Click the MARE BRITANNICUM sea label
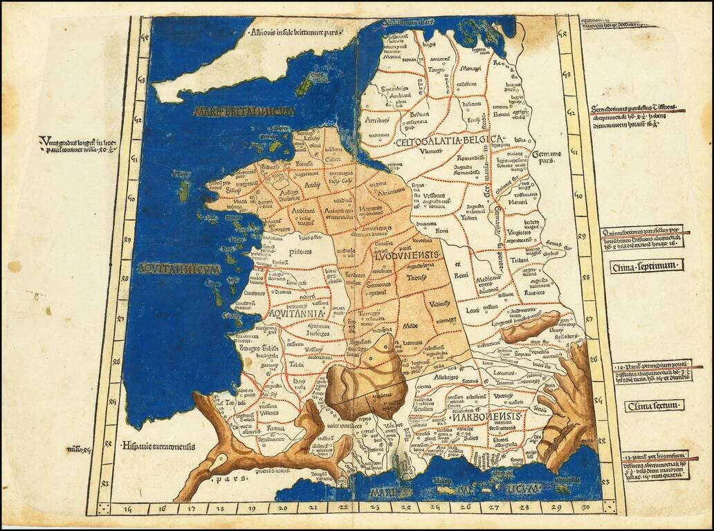pos(244,111)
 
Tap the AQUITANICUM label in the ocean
pos(178,268)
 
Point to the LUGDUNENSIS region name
pos(403,256)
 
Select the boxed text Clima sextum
pos(652,406)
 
